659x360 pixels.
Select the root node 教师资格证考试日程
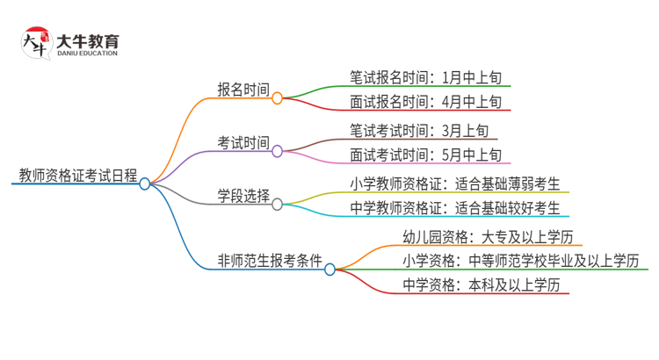pyautogui.click(x=77, y=174)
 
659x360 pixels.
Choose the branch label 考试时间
pyautogui.click(x=243, y=140)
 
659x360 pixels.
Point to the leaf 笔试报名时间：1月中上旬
pyautogui.click(x=425, y=76)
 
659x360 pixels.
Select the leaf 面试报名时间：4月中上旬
pyautogui.click(x=425, y=102)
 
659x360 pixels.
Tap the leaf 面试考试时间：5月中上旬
pyautogui.click(x=425, y=155)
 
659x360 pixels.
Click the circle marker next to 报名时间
pyautogui.click(x=278, y=99)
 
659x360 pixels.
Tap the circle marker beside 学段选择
pyautogui.click(x=278, y=205)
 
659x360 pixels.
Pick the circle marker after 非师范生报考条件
pyautogui.click(x=330, y=270)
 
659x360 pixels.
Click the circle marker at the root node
pyautogui.click(x=145, y=184)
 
